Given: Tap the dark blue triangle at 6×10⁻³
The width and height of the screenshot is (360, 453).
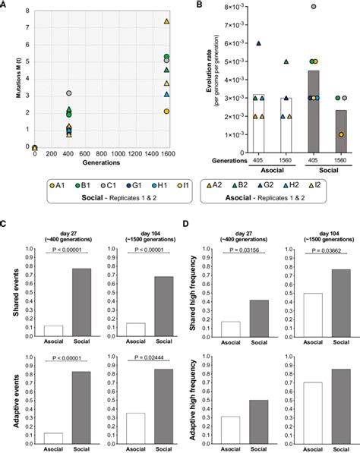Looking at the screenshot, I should click(x=259, y=44).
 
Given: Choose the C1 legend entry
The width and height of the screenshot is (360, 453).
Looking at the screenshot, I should click(x=74, y=184).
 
